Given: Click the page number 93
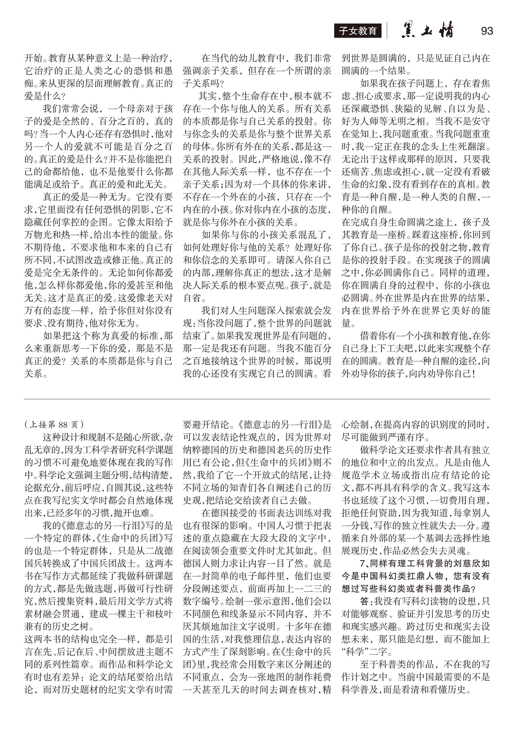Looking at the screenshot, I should click(x=487, y=31).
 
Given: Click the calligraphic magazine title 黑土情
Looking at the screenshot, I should click(x=427, y=31).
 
